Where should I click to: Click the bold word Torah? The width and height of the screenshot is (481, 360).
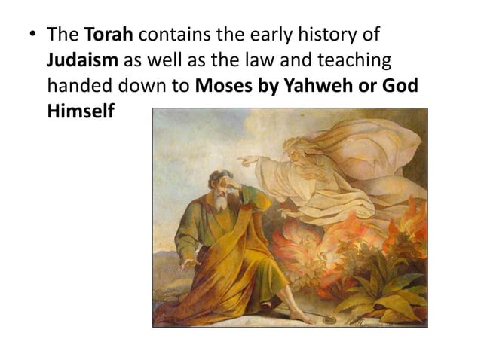click(x=109, y=35)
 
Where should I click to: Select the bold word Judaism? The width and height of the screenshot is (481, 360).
click(x=79, y=60)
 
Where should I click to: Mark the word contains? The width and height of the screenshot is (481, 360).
click(x=175, y=35)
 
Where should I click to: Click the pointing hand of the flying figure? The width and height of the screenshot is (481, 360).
click(x=246, y=159)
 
